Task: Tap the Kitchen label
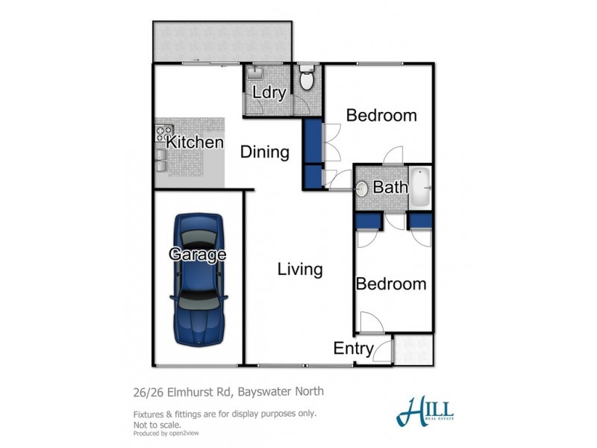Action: (x=195, y=142)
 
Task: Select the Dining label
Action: (x=264, y=152)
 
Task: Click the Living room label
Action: (x=299, y=269)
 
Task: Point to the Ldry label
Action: (x=266, y=94)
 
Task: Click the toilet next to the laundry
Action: (x=307, y=78)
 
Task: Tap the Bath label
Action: (x=390, y=187)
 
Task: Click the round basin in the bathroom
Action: (x=362, y=188)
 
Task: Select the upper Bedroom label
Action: (x=381, y=116)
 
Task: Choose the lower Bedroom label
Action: (x=390, y=284)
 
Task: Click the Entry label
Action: (x=354, y=349)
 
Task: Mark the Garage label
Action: (x=197, y=254)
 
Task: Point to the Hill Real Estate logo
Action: (x=425, y=409)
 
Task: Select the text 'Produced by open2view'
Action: (x=166, y=432)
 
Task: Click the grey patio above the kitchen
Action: (x=222, y=41)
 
